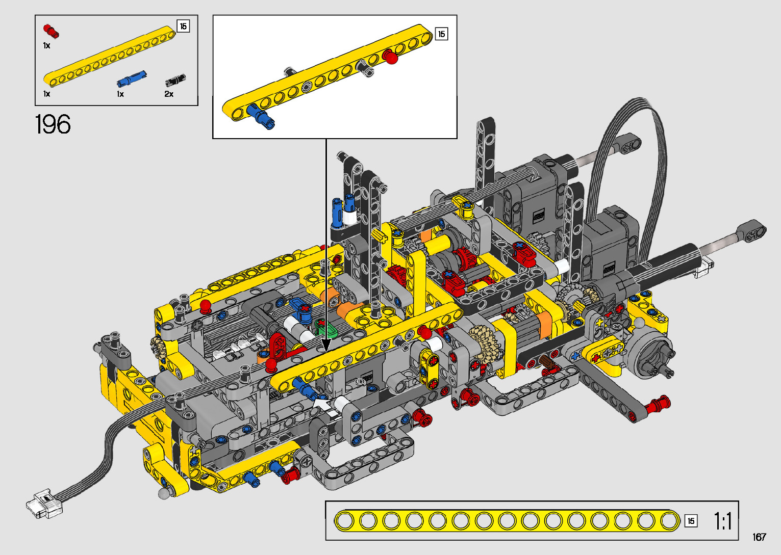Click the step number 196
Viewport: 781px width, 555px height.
click(x=53, y=124)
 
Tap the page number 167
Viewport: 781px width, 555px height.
click(x=759, y=537)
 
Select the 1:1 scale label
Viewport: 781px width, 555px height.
click(x=722, y=521)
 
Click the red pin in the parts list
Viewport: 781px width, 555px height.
click(x=51, y=31)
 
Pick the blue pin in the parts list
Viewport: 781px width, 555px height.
click(x=132, y=78)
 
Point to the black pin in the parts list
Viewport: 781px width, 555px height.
click(x=175, y=80)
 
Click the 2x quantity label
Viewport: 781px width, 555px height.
click(x=169, y=94)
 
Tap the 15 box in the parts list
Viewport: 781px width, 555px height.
click(x=184, y=26)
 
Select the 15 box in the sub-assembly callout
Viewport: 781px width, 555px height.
click(x=441, y=34)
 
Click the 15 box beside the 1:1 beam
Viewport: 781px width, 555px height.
click(x=691, y=521)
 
